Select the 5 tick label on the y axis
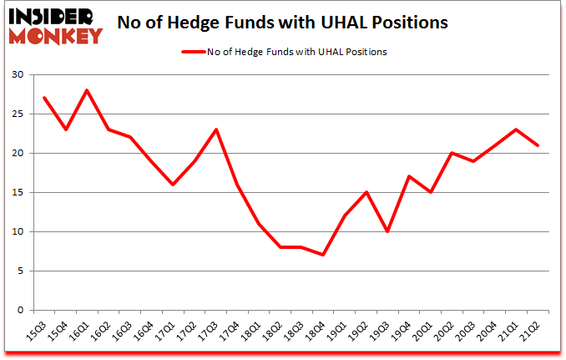pyautogui.click(x=20, y=271)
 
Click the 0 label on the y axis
pyautogui.click(x=20, y=310)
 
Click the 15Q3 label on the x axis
pyautogui.click(x=38, y=331)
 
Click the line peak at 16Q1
pyautogui.click(x=87, y=90)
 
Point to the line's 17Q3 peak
pyautogui.click(x=217, y=129)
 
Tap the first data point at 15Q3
pyautogui.click(x=43, y=98)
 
